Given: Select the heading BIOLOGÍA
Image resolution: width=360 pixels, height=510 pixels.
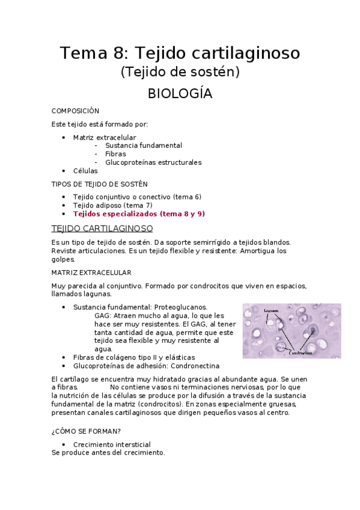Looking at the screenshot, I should pos(180,94).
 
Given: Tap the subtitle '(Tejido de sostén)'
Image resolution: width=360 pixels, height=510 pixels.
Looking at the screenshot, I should pos(180,72).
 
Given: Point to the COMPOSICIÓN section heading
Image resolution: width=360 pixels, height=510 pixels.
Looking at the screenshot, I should pos(75,111).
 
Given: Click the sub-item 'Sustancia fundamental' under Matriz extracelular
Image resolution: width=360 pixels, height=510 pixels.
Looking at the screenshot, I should pos(143,146).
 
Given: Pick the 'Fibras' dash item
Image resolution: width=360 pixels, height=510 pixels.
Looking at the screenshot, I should pos(115,154).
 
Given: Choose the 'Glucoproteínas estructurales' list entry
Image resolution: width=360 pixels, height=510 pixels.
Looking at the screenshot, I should pos(153,162).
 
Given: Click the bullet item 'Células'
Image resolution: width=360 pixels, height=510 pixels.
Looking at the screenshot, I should pos(85,171).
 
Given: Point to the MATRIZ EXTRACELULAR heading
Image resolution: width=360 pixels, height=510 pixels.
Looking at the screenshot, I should pos(91,272).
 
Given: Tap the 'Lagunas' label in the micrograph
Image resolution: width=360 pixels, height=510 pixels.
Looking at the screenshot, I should pos(270,310).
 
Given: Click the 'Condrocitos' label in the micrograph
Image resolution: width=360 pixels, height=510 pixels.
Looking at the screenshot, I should pos(301,353).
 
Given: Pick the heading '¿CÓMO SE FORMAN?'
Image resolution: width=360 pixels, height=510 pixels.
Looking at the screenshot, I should pos(87,431).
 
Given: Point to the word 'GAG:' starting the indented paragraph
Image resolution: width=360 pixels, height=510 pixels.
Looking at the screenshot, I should pos(103,315).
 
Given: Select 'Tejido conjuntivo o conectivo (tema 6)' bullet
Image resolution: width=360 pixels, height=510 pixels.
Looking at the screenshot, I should pos(137,197).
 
